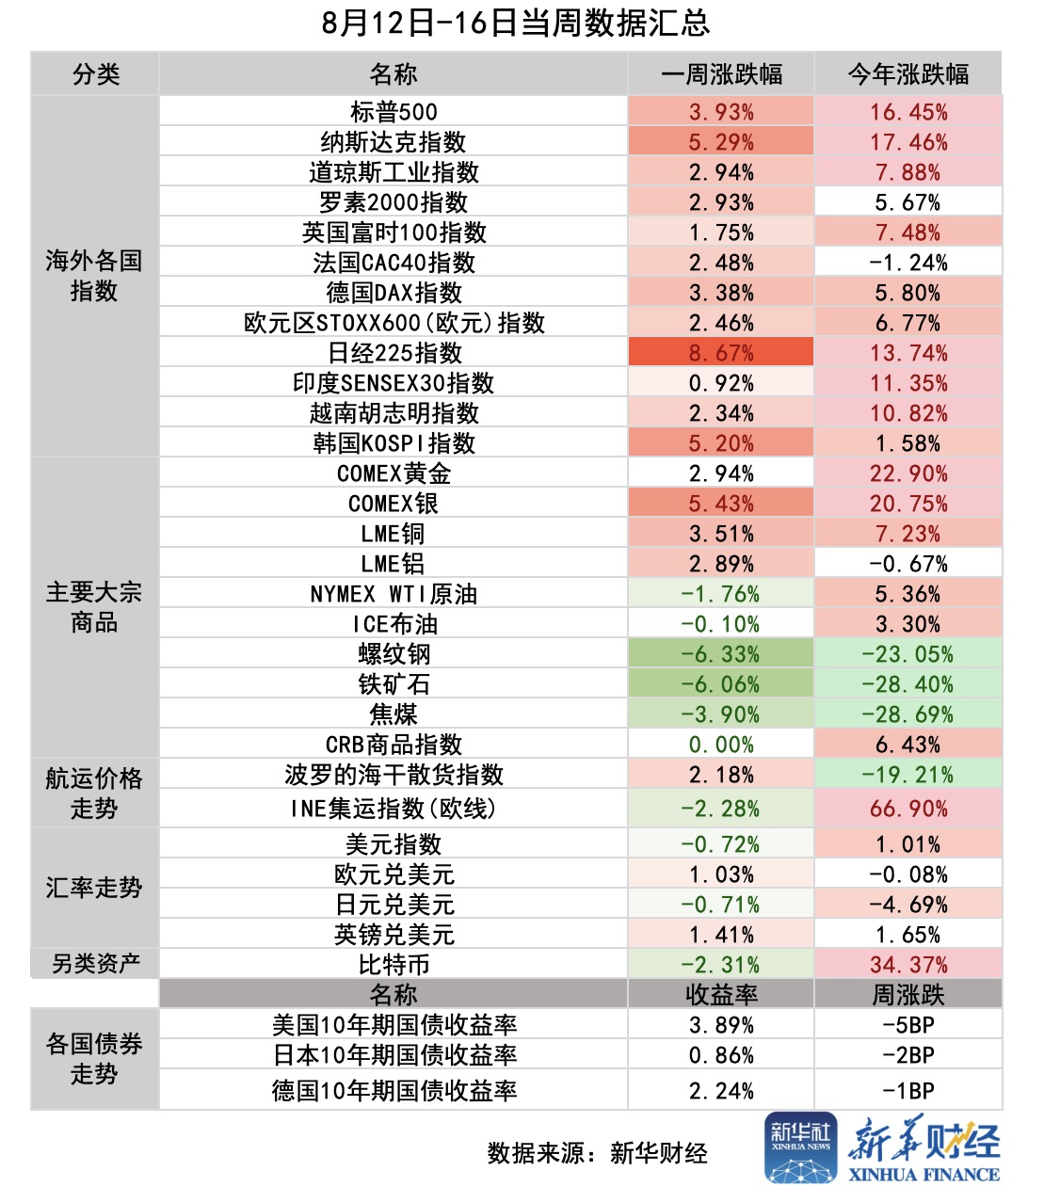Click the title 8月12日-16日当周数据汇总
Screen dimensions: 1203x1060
click(x=515, y=23)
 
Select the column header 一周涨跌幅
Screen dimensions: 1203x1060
click(x=721, y=74)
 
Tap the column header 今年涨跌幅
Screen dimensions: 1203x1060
click(x=908, y=74)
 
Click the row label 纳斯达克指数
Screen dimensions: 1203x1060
click(x=393, y=142)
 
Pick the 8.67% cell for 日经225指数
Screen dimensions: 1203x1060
click(x=721, y=353)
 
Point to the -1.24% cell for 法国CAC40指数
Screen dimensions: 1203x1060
click(x=908, y=263)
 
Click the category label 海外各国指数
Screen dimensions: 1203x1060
click(x=94, y=276)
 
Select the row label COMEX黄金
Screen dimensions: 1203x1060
click(x=393, y=473)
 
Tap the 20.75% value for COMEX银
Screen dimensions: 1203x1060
click(x=908, y=504)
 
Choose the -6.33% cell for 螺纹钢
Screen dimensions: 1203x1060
click(x=721, y=654)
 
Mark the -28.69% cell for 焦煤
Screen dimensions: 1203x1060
click(x=908, y=714)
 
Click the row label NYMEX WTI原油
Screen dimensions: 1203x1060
click(x=393, y=594)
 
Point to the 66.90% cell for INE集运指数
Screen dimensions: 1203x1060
click(x=908, y=809)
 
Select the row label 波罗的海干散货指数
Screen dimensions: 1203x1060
click(x=393, y=775)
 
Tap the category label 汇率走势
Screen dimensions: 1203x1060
click(x=94, y=888)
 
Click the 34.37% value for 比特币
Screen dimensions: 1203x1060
click(x=908, y=965)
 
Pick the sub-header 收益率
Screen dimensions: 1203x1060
click(x=721, y=995)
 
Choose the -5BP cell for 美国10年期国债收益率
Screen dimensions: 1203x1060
click(x=908, y=1025)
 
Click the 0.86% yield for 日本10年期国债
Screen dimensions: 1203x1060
click(x=721, y=1055)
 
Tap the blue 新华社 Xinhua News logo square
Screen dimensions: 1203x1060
click(x=800, y=1147)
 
